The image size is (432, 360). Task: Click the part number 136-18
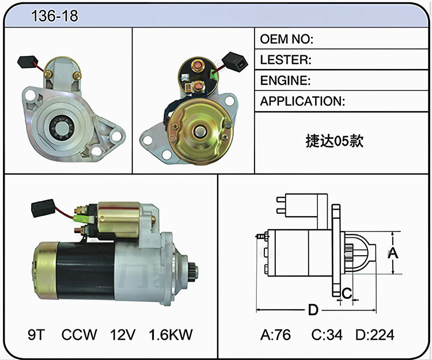55,16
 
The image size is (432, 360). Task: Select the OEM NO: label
286,39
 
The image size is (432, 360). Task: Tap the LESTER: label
286,60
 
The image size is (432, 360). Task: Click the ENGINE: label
285,81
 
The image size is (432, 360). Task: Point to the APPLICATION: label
302,101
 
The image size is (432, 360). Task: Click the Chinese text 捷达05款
335,141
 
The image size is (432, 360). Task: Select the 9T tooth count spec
36,335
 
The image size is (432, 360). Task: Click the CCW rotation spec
79,335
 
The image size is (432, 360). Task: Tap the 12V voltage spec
123,335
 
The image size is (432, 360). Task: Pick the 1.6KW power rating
170,335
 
